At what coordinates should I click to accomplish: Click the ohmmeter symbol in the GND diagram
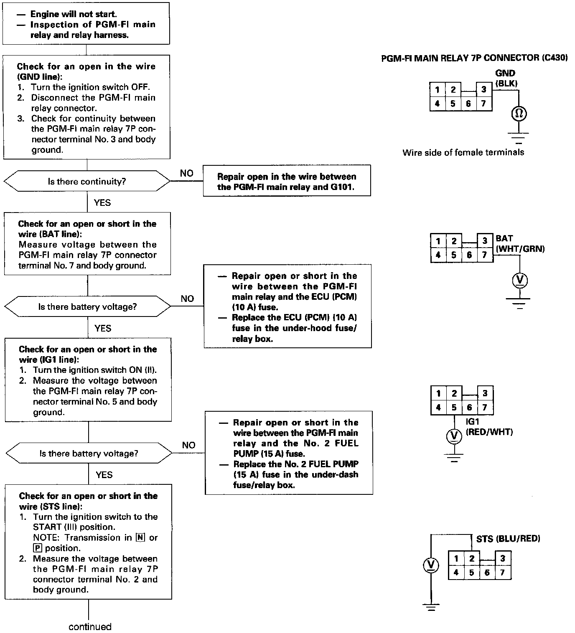click(519, 114)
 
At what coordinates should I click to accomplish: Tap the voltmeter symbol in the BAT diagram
click(520, 281)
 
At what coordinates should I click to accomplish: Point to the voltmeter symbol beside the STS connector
click(431, 566)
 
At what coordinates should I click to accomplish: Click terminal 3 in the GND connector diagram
click(483, 89)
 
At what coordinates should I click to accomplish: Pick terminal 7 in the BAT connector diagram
click(485, 255)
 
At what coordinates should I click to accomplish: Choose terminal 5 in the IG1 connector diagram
click(454, 407)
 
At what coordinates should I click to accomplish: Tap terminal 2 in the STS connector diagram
click(472, 559)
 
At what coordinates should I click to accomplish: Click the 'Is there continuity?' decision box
click(87, 182)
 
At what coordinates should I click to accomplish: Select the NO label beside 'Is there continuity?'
click(187, 173)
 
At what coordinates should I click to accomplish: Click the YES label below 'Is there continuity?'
click(102, 203)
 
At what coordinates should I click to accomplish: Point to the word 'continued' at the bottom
click(90, 627)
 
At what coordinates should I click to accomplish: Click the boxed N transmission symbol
click(140, 538)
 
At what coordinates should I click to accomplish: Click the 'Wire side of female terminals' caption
click(463, 152)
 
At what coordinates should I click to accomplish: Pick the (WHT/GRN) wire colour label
click(520, 249)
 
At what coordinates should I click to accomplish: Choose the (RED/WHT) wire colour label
click(489, 432)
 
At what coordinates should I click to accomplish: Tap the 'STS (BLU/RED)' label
click(508, 539)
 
